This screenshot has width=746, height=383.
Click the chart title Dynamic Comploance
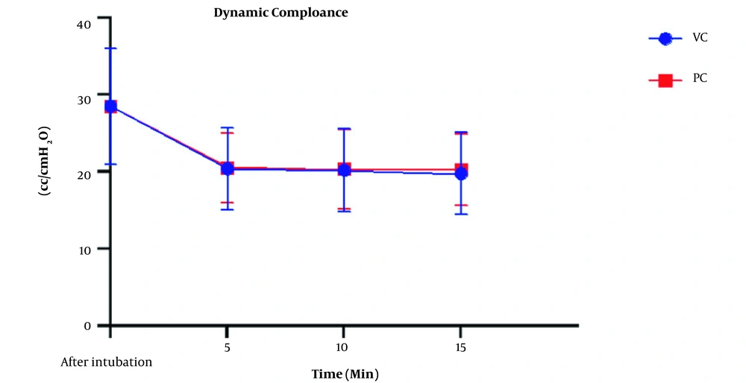click(280, 13)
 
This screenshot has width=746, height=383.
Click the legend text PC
click(700, 77)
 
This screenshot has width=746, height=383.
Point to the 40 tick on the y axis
click(84, 24)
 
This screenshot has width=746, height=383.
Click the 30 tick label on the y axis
click(84, 99)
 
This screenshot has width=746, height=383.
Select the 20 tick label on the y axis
click(84, 172)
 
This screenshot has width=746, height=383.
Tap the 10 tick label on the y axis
click(84, 248)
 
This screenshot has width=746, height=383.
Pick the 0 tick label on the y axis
click(87, 326)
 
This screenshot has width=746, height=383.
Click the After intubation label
click(107, 363)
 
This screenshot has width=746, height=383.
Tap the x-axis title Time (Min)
click(346, 372)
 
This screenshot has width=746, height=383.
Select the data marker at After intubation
click(110, 107)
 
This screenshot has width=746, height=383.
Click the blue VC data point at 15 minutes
click(461, 174)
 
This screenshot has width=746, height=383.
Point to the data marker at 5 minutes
click(227, 168)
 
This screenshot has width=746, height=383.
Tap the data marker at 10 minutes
click(344, 170)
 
